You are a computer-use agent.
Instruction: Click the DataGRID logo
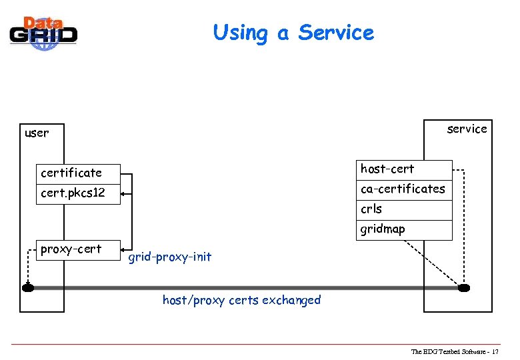tap(43, 31)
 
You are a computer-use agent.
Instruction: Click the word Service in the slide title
tap(336, 32)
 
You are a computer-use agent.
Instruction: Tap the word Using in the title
tap(241, 32)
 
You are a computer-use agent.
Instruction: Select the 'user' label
tap(37, 133)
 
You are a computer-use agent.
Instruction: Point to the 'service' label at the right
tap(467, 129)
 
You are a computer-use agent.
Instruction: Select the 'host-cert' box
tap(403, 170)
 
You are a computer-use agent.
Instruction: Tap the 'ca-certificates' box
tap(403, 189)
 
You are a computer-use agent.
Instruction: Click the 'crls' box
tap(403, 209)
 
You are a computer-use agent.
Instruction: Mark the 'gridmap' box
tap(403, 229)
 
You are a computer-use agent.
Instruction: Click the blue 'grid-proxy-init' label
tap(169, 257)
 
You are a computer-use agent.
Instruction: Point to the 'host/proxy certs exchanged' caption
tap(241, 300)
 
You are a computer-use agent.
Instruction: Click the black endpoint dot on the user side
tap(27, 288)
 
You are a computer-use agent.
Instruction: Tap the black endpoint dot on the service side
tap(464, 288)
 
